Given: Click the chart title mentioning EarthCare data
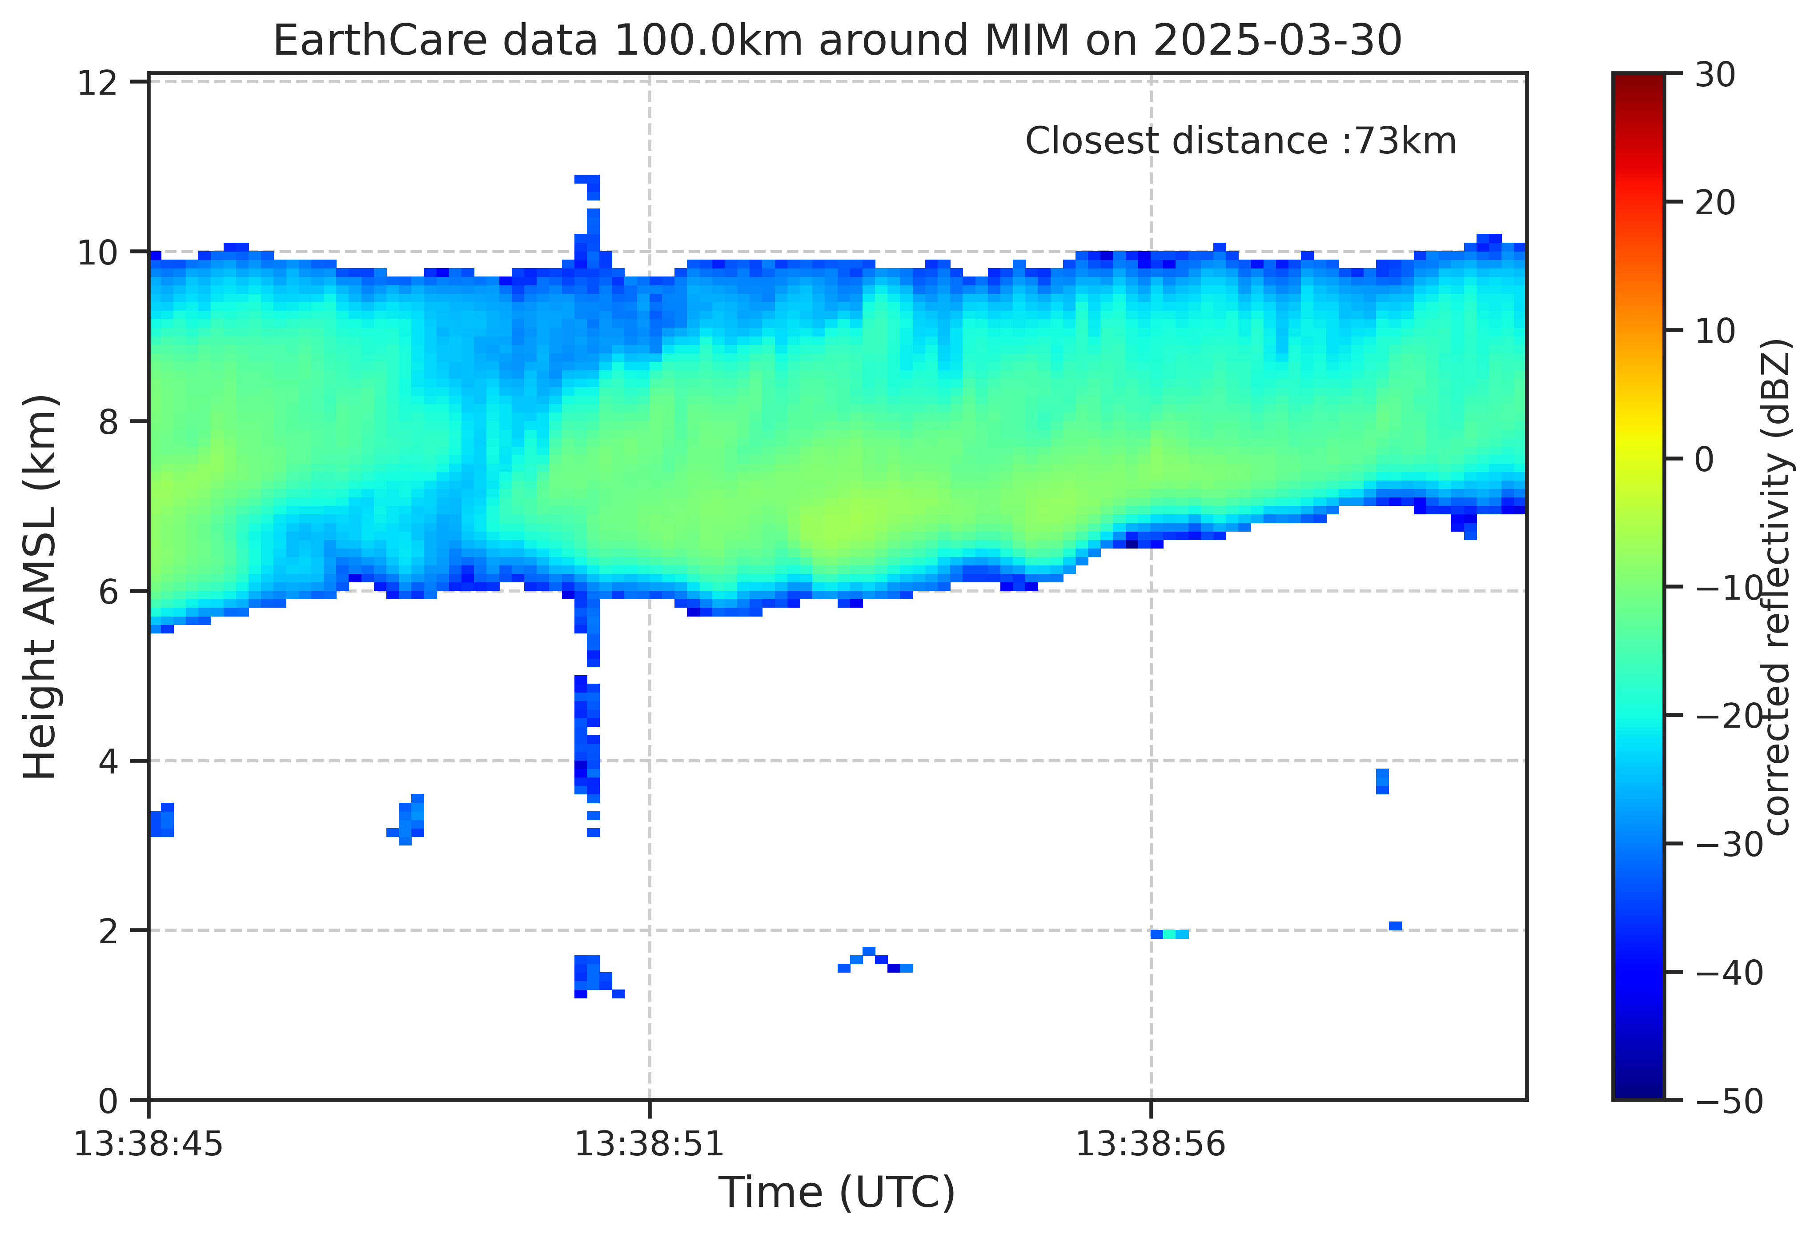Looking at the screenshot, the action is click(x=837, y=40).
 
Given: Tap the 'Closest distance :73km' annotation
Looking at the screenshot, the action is click(x=1241, y=141).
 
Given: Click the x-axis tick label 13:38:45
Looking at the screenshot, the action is click(x=148, y=1145).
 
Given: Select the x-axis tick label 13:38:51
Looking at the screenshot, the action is click(x=649, y=1145).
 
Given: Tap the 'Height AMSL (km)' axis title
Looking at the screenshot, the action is click(x=40, y=586).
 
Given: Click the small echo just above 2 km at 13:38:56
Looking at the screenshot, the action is click(x=1169, y=934).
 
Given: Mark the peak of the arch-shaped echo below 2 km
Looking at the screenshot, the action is click(x=868, y=951).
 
